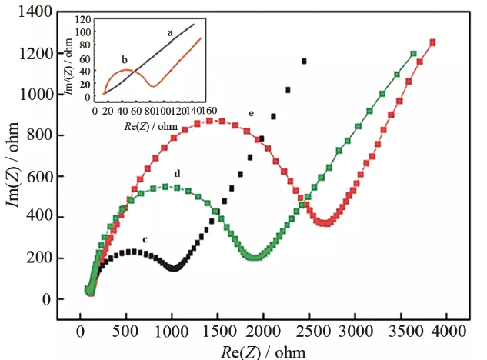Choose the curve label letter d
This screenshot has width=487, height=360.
[178, 173]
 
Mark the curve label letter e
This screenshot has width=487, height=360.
[252, 113]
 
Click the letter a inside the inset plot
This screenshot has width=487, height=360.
[170, 33]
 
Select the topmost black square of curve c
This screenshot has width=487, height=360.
[304, 61]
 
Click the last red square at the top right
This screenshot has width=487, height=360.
[432, 42]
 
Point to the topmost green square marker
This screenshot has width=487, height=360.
[414, 54]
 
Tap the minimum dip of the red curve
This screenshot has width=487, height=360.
[325, 223]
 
